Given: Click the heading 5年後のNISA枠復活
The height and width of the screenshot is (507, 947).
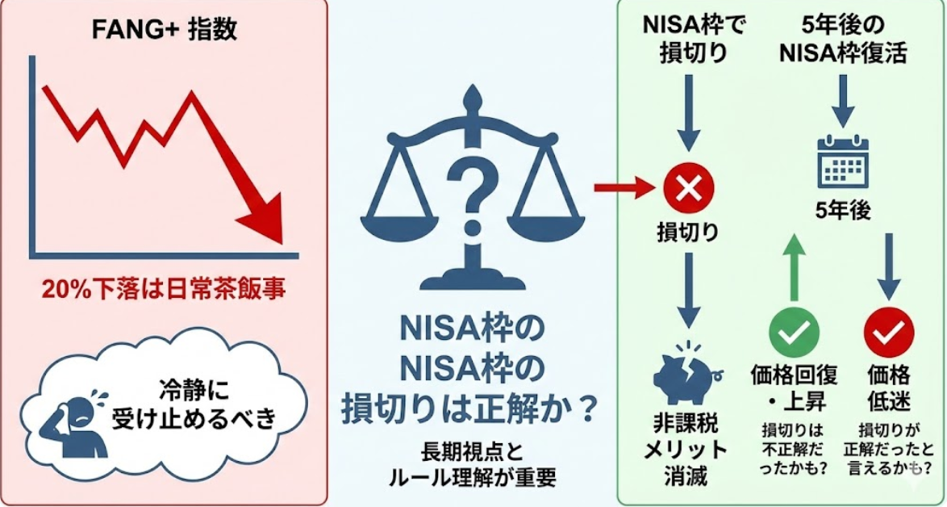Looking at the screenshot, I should [x=843, y=38].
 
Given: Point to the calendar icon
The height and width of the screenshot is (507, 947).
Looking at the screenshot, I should [x=843, y=161].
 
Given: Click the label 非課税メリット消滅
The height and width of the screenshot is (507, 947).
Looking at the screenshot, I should [x=686, y=448].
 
